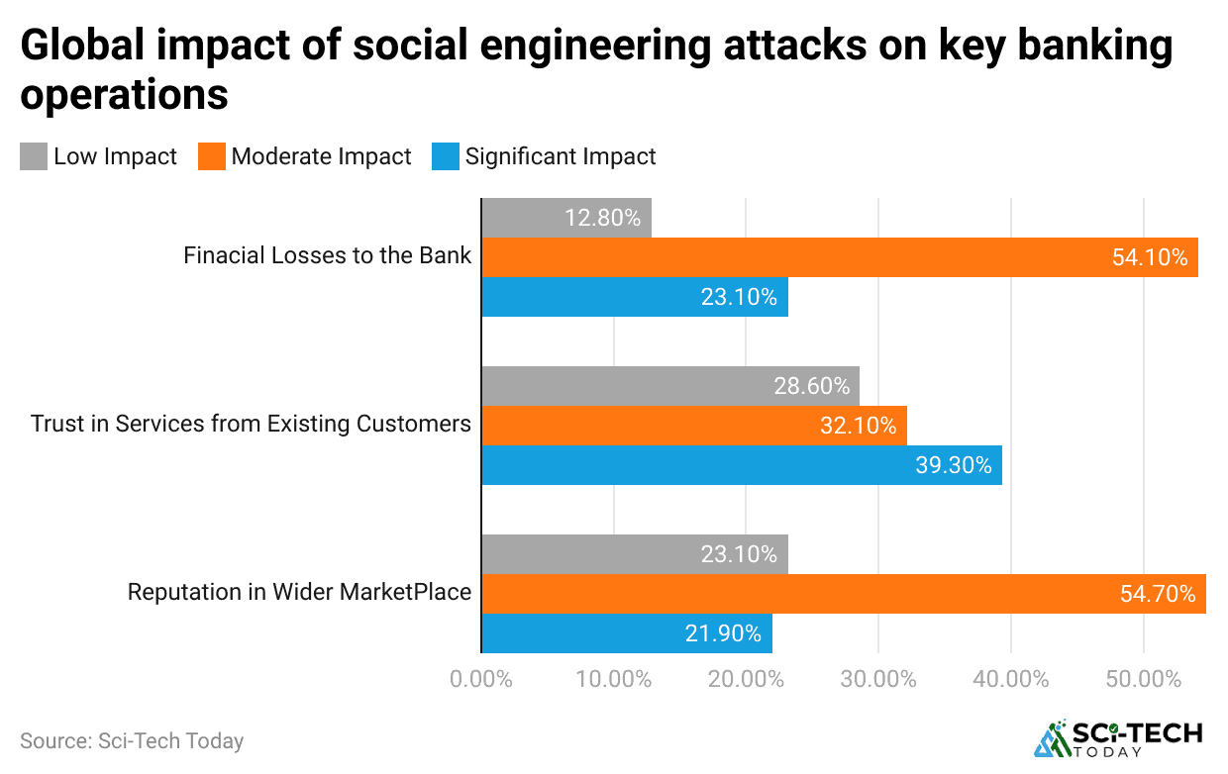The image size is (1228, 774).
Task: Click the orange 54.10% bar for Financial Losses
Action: pyautogui.click(x=840, y=257)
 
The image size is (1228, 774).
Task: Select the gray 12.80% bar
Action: pyautogui.click(x=566, y=218)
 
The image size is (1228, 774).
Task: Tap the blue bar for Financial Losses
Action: pyautogui.click(x=635, y=297)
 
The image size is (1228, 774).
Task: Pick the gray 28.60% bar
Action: pyautogui.click(x=670, y=386)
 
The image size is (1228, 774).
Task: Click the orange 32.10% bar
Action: pyautogui.click(x=694, y=426)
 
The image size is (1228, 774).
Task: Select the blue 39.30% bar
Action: pyautogui.click(x=742, y=465)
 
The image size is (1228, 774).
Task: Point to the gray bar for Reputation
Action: pyautogui.click(x=635, y=554)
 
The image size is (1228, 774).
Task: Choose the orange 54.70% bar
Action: pyautogui.click(x=844, y=594)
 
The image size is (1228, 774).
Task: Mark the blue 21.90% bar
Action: pyautogui.click(x=627, y=633)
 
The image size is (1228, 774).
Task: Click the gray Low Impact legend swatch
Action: pyautogui.click(x=34, y=156)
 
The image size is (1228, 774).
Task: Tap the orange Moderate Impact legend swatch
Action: pyautogui.click(x=211, y=156)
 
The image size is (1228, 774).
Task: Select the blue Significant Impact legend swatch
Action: pyautogui.click(x=446, y=156)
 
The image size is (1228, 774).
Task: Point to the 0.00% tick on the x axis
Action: pyautogui.click(x=481, y=680)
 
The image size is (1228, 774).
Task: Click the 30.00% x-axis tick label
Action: pyautogui.click(x=878, y=680)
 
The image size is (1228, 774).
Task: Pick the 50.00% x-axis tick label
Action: pyautogui.click(x=1144, y=680)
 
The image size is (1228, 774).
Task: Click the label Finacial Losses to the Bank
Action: pyautogui.click(x=328, y=256)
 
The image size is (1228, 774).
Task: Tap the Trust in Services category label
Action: pyautogui.click(x=251, y=425)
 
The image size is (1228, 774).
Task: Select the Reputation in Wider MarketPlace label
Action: pyautogui.click(x=299, y=593)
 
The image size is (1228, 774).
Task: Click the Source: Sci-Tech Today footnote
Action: pyautogui.click(x=132, y=740)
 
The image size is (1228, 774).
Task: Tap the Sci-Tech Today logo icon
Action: pyautogui.click(x=1052, y=738)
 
